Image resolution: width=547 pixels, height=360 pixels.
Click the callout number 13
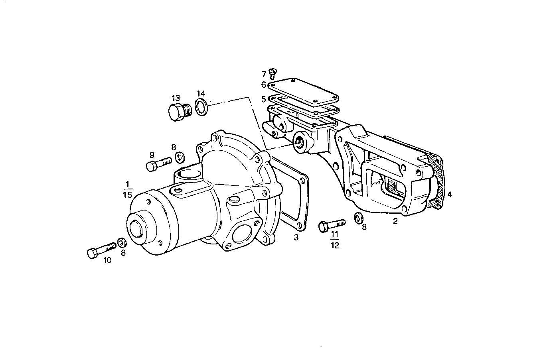pos(176,98)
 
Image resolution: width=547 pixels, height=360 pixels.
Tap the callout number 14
pos(201,94)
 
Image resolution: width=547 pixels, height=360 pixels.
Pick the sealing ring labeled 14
pos(201,107)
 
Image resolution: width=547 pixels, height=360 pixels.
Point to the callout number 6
pos(263,85)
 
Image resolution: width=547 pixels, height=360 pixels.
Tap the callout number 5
pos(263,98)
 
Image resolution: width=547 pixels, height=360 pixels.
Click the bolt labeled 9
pos(158,164)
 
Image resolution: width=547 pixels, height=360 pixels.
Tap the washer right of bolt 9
pos(180,156)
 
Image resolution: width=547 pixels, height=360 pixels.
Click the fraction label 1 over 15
pos(127,189)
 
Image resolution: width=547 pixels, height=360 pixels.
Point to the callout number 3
pos(296,238)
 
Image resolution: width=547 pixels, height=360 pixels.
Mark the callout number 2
pos(395,221)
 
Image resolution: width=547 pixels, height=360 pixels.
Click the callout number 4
pos(449,195)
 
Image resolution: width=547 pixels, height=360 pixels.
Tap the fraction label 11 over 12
pos(335,240)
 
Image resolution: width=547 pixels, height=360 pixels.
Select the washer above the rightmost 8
pos(359,218)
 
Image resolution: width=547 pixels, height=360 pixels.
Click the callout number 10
pos(108,260)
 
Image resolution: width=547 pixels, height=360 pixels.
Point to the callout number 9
pos(152,154)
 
